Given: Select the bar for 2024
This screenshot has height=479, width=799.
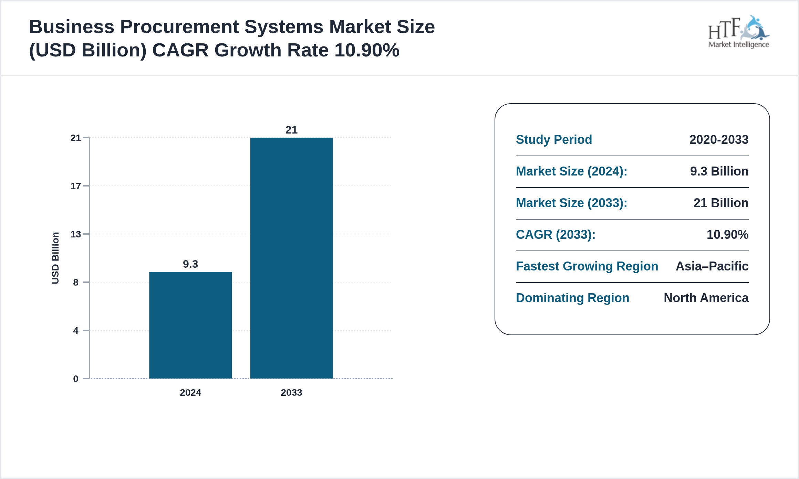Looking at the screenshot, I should click(190, 325).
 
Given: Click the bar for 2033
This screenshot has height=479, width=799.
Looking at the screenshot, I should click(291, 258).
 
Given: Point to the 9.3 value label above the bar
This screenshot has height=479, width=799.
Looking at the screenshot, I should click(190, 264).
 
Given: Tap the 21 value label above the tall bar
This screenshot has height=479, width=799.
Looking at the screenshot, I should click(291, 130).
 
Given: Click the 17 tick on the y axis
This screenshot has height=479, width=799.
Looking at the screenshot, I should click(76, 186).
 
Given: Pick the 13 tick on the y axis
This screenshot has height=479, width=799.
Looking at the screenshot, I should click(76, 234).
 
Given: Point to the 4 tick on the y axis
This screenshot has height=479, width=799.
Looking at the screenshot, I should click(76, 331).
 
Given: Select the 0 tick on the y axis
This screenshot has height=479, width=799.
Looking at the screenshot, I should click(76, 379).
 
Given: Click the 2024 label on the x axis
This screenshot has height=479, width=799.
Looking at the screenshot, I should click(190, 392).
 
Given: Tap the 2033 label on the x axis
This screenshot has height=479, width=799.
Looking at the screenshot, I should click(291, 392).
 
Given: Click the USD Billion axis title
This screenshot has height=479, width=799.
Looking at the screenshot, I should click(55, 258).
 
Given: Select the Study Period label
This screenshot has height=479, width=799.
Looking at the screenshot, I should click(554, 140).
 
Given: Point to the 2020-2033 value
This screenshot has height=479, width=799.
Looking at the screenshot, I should click(719, 140).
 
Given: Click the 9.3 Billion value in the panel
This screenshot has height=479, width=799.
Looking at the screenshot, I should click(719, 171).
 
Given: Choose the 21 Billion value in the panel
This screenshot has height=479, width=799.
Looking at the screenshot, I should click(721, 203).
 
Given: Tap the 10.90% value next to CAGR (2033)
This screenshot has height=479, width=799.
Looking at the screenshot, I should click(727, 235).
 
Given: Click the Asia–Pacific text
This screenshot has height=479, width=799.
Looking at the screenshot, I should click(712, 266).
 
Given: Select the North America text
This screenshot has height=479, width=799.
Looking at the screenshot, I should click(706, 298).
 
